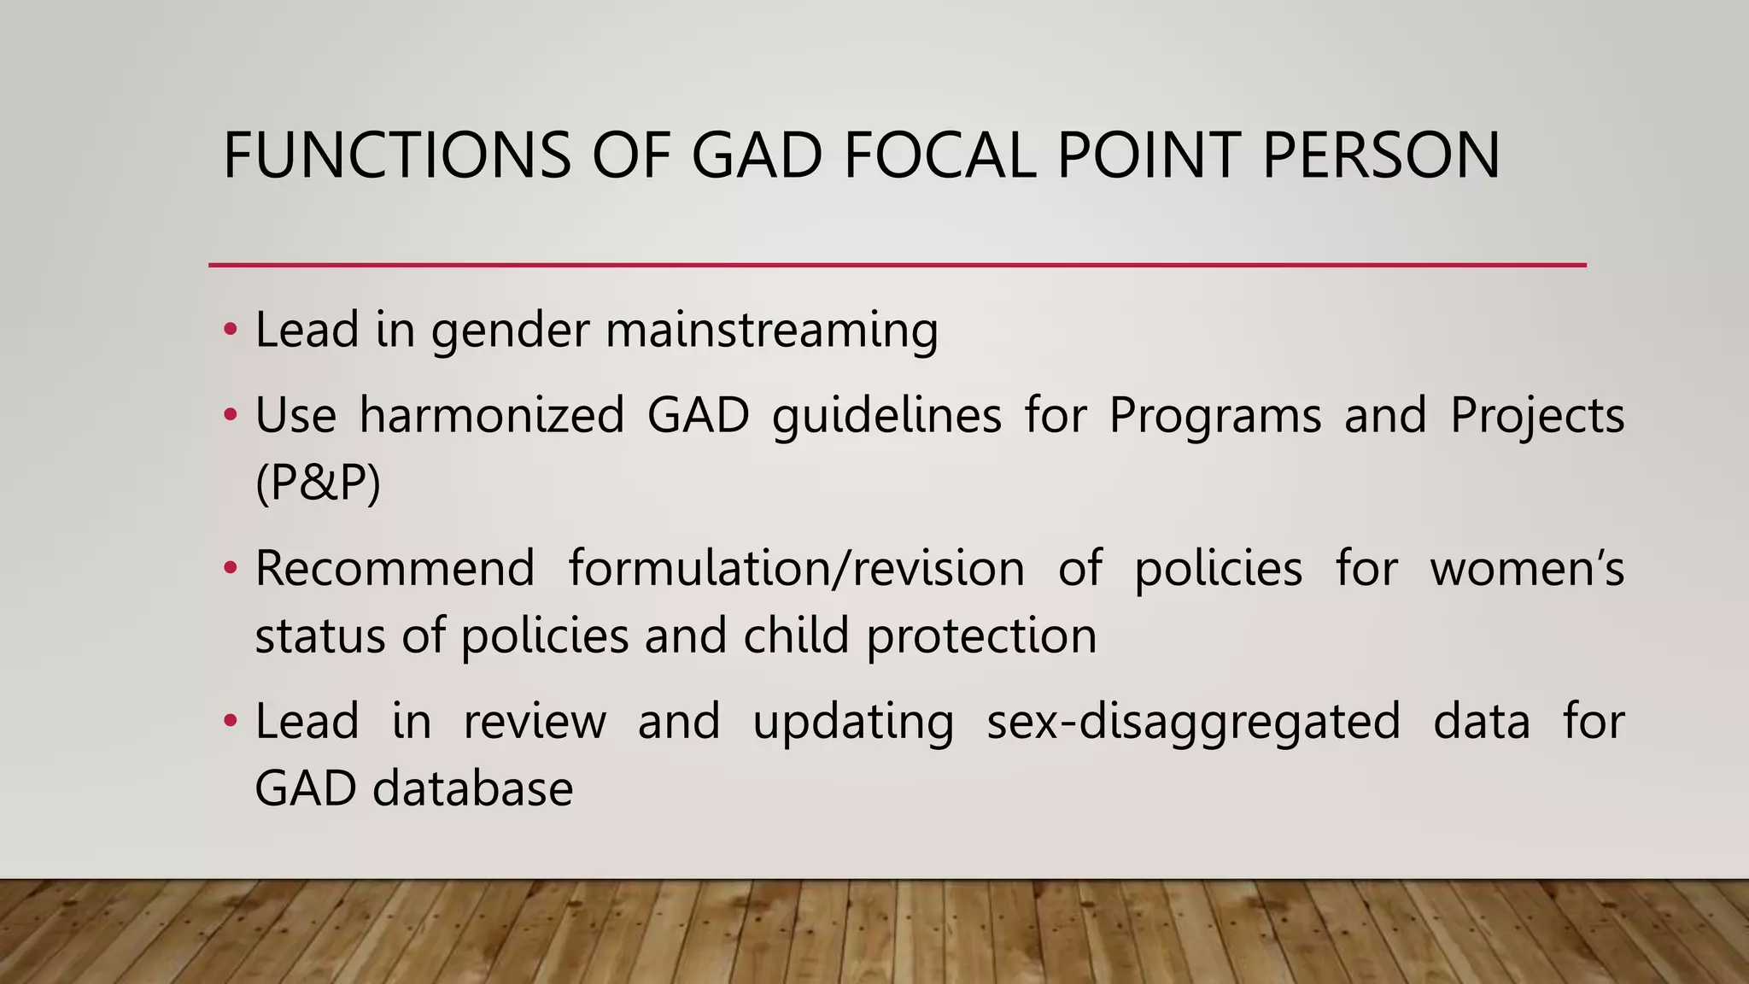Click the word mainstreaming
point(772,331)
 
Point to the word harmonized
point(492,416)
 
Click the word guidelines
point(886,416)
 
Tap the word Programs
point(1214,416)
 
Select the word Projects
point(1536,416)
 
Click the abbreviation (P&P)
point(318,483)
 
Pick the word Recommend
point(395,569)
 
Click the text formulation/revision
point(796,569)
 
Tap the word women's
point(1527,569)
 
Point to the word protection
point(981,636)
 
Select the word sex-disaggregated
point(1193,722)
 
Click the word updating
point(852,722)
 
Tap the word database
point(472,788)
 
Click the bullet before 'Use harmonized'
point(229,416)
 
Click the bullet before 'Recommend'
point(229,569)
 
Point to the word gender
point(510,331)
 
